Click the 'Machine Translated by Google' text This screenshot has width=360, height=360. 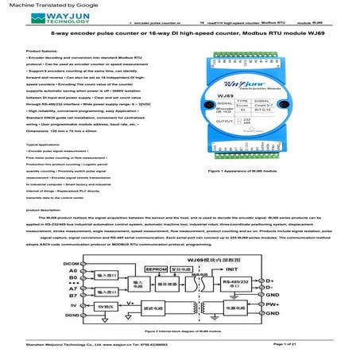coord(36,6)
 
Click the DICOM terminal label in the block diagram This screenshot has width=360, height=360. coord(72,262)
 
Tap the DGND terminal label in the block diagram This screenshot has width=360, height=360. coord(72,315)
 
